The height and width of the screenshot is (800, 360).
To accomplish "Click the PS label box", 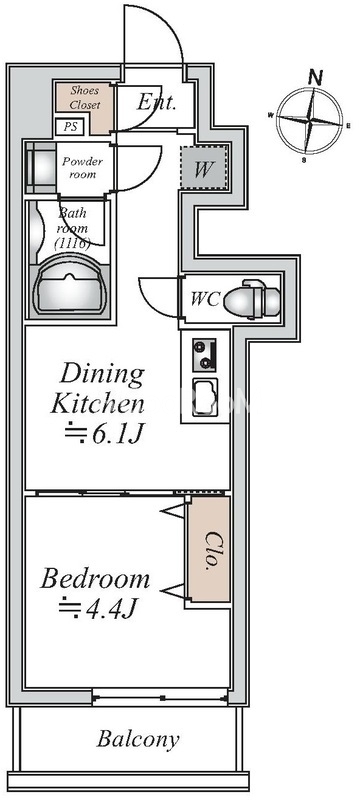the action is click(x=70, y=127).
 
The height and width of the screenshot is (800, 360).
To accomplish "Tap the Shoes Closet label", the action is click(x=85, y=97).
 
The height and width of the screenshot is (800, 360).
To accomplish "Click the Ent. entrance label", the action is click(x=157, y=102).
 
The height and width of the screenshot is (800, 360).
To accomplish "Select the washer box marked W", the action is click(x=203, y=168).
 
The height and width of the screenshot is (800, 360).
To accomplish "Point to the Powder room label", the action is click(x=83, y=167).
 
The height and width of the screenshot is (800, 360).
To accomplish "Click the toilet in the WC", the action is click(x=252, y=299).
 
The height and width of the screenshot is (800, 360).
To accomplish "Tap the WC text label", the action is click(x=205, y=299).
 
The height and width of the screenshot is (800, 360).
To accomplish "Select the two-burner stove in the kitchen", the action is click(x=204, y=355).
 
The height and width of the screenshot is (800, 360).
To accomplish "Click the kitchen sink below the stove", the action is click(x=204, y=396).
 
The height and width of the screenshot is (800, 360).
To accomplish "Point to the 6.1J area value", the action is click(x=106, y=435).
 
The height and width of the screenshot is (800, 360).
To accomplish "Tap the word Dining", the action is click(x=102, y=374).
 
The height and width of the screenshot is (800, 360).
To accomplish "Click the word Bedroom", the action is click(x=95, y=580).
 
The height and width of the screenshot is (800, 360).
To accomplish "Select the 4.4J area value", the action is click(x=98, y=608).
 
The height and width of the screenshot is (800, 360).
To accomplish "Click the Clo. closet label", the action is click(x=210, y=551).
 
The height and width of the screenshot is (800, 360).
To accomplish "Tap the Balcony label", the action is click(x=138, y=739).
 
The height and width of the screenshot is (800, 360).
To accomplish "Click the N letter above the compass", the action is click(x=316, y=77).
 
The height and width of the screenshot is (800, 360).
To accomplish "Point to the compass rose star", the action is click(x=310, y=121).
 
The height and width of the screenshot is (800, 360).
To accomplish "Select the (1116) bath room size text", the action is click(x=72, y=243).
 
